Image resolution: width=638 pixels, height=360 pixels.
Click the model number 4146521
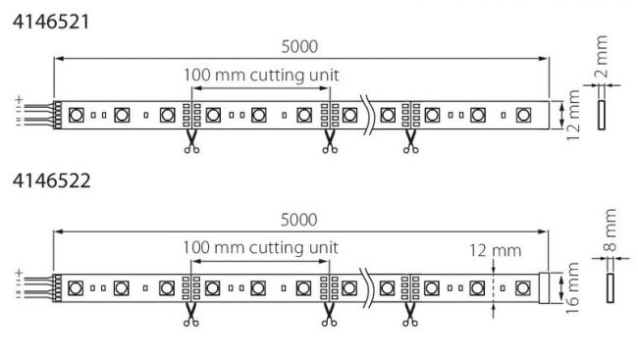tap(50, 22)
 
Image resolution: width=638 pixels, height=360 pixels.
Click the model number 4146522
tap(51, 180)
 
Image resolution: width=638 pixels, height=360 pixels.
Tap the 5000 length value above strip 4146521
tap(299, 46)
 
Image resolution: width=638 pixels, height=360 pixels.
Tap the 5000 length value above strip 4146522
tap(299, 220)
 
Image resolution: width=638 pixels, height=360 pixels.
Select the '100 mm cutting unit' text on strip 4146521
tap(261, 76)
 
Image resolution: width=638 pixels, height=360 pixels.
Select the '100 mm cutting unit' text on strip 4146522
tap(260, 248)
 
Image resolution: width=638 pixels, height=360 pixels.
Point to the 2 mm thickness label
tap(601, 56)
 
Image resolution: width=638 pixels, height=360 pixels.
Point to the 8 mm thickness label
tap(610, 230)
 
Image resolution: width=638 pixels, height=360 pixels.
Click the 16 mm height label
tap(571, 288)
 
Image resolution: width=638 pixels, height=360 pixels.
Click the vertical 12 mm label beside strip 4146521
tap(572, 116)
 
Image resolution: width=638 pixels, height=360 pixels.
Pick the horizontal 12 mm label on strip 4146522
tap(495, 250)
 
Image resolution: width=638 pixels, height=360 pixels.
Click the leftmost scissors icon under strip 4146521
tap(191, 142)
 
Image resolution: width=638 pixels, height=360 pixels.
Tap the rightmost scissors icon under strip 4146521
tap(410, 142)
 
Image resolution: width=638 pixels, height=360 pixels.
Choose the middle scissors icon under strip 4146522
tap(329, 315)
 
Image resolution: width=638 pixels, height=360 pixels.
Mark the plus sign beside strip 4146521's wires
tap(19, 99)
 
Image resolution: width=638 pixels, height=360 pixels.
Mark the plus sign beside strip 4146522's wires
tap(19, 273)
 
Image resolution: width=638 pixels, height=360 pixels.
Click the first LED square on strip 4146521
tap(76, 115)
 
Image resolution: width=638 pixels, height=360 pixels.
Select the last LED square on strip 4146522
tap(523, 288)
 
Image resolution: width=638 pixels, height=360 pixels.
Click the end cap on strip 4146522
tap(544, 288)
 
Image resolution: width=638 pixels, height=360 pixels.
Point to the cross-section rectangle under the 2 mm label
tap(602, 115)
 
